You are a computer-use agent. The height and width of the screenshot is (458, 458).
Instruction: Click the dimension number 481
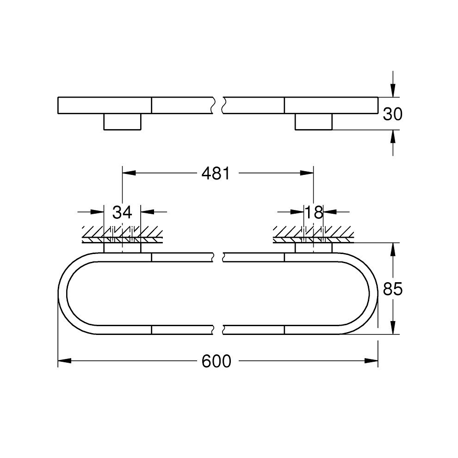tap(216, 173)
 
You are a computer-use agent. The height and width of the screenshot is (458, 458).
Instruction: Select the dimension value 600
tap(217, 361)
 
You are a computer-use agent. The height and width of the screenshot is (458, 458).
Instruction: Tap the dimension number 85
tap(393, 289)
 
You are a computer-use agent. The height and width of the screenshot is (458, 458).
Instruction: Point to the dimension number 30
tap(393, 114)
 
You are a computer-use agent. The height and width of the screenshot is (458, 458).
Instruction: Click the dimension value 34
tap(123, 212)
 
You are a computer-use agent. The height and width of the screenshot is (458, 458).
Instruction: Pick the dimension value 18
tap(314, 212)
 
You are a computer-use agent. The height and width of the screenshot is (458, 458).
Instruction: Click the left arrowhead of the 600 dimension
tap(65, 361)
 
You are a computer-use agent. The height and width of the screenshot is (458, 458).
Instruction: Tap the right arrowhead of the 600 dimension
tap(371, 361)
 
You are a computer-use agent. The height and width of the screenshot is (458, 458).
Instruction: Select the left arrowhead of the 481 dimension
tap(129, 173)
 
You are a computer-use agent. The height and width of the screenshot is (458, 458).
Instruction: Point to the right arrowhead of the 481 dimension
tap(307, 173)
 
